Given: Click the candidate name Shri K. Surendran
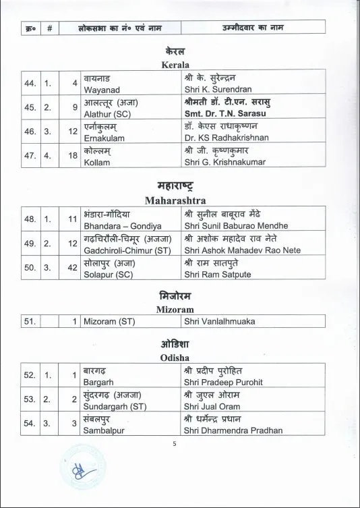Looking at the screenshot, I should pos(218,87).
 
